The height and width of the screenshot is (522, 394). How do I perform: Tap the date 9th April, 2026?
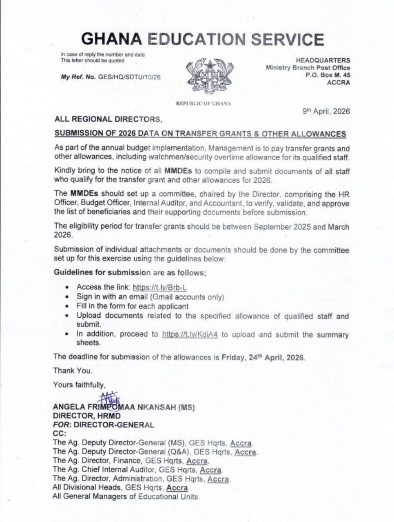(326, 111)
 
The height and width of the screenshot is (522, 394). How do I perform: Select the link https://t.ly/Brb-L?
(159, 287)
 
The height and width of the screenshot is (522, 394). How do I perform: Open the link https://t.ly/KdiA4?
(190, 334)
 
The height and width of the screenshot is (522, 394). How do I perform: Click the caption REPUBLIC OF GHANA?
(203, 104)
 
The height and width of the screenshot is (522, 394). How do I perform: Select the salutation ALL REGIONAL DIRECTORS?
(108, 119)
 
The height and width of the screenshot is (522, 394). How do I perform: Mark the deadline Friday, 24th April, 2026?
(263, 357)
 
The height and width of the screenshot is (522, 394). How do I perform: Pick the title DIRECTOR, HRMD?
(87, 416)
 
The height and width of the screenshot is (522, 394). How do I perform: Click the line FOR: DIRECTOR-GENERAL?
(103, 425)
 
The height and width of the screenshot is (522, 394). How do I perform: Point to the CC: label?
(60, 434)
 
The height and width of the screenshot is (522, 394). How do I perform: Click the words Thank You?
(73, 371)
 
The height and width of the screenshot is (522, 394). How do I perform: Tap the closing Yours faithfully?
(79, 385)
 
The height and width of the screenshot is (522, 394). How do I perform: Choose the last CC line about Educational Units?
(126, 496)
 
